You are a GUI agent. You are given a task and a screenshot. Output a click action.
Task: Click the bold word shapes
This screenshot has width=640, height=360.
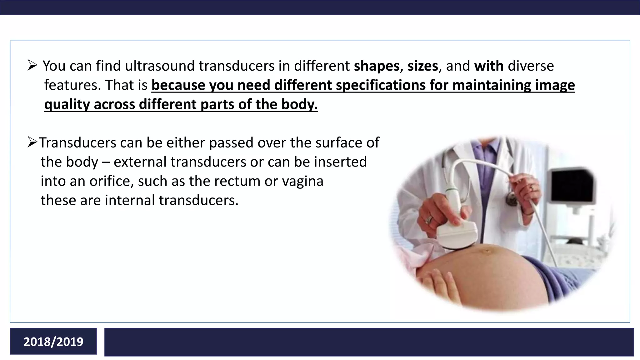(x=377, y=66)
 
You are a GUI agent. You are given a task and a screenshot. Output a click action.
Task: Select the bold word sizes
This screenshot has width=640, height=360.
(x=422, y=66)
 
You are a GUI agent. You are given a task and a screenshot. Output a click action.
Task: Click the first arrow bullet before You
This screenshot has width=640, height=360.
(x=32, y=66)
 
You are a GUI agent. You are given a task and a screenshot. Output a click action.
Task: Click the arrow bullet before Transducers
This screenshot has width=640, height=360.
(x=32, y=142)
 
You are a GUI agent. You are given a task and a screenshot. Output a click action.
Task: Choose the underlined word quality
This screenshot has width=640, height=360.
(x=67, y=104)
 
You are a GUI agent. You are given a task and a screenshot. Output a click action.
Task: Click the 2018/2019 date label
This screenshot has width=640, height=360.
(x=53, y=342)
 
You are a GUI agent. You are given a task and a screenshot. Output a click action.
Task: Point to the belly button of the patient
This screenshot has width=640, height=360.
(x=487, y=251)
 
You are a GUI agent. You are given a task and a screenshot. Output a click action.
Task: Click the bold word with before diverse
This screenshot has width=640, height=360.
(x=489, y=66)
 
